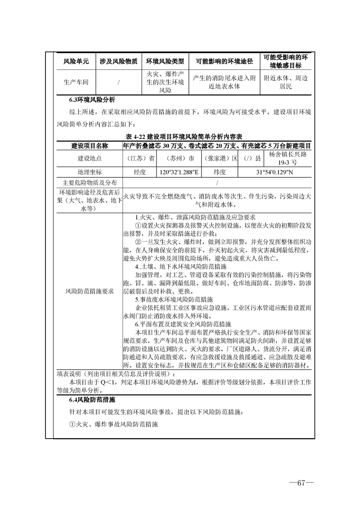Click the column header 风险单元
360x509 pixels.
coord(76,61)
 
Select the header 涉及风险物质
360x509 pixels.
coord(118,61)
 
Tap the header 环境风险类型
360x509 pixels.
coord(165,61)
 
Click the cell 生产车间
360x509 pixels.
coord(76,82)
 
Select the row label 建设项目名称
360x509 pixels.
coord(90,146)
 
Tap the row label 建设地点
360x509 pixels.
coord(90,158)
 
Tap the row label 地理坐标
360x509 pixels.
coord(90,172)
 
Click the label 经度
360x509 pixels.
coord(140,172)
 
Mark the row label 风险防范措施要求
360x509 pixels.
coord(90,291)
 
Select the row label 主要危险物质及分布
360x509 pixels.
coord(90,182)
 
